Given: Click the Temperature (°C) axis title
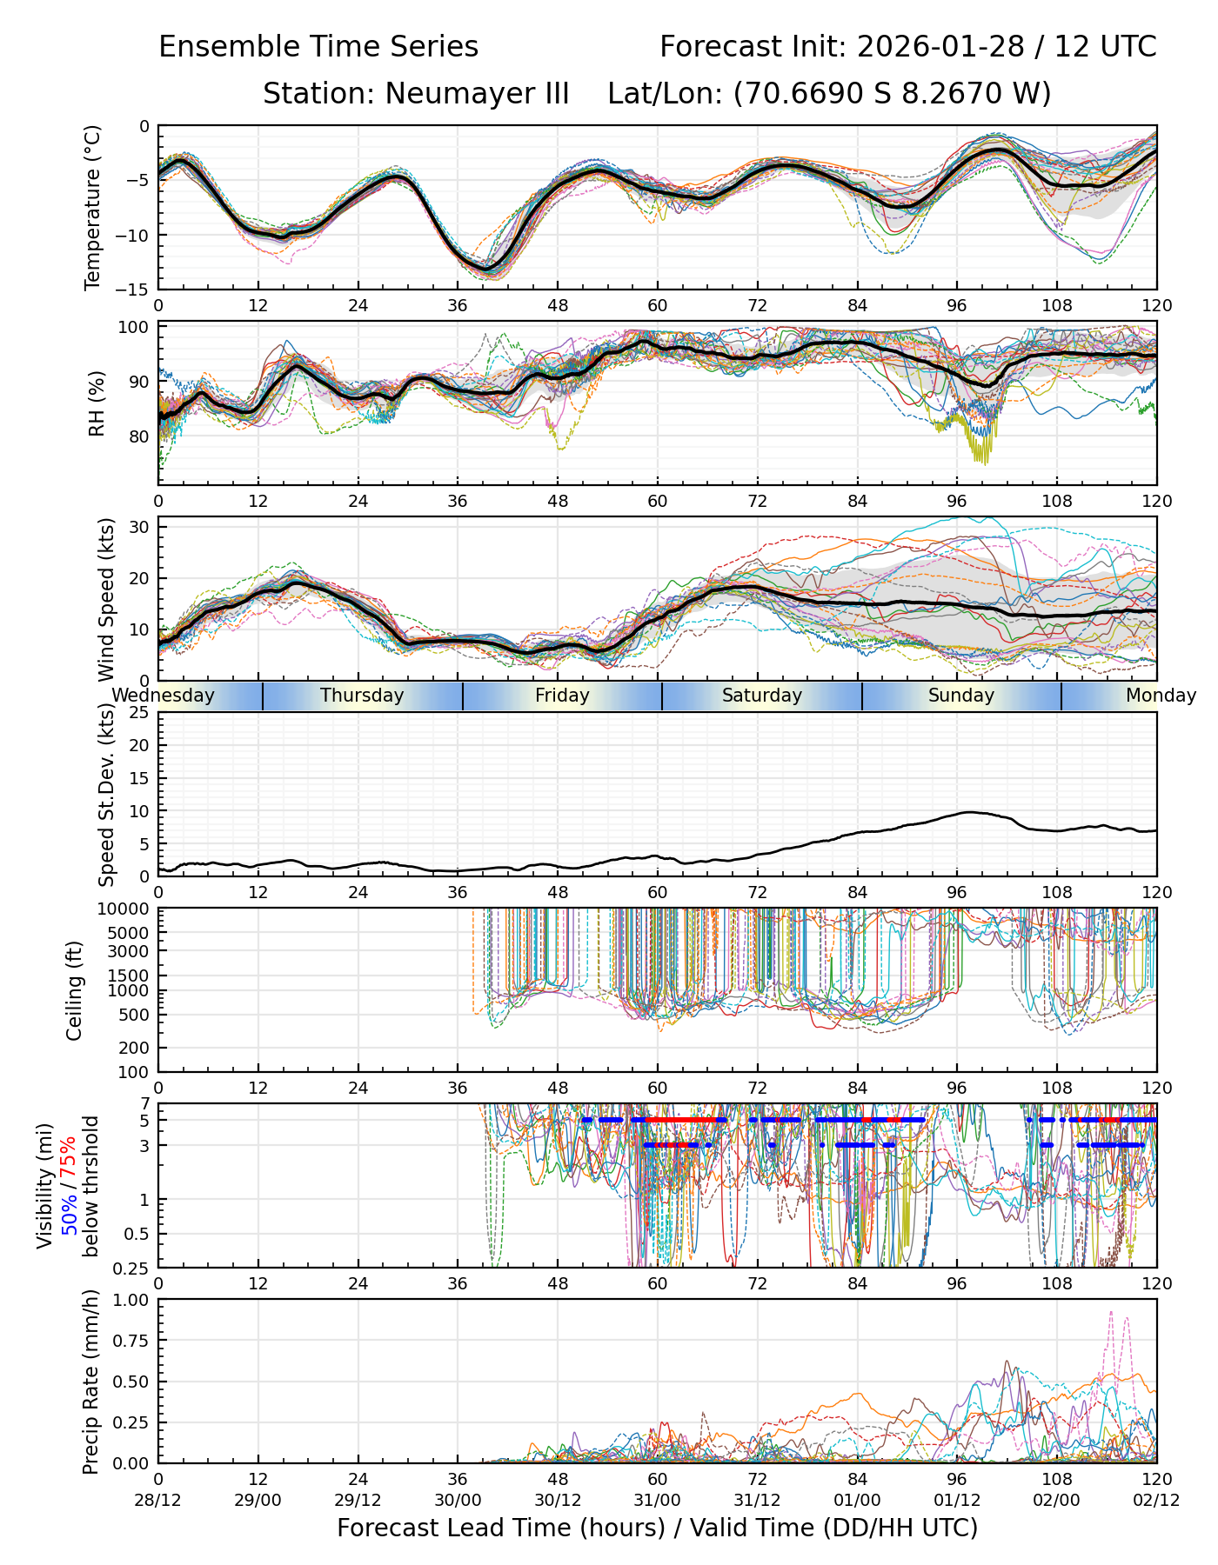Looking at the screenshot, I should click(x=92, y=207).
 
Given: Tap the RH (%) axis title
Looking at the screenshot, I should click(x=96, y=403).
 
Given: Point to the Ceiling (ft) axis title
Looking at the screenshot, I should click(x=75, y=989).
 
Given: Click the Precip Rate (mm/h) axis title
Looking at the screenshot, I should click(x=90, y=1381).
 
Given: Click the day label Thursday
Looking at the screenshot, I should click(x=362, y=696).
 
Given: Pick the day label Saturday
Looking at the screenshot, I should click(x=762, y=696).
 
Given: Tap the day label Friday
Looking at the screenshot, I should click(x=562, y=696).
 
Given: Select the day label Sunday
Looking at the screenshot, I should click(x=960, y=696).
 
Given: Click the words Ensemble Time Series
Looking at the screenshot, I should click(x=318, y=47).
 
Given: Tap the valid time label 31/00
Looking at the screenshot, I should click(x=658, y=1500).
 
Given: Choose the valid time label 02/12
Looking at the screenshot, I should click(x=1156, y=1500).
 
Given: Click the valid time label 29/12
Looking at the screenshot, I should click(x=358, y=1500).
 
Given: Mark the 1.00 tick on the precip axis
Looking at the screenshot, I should click(x=131, y=1300).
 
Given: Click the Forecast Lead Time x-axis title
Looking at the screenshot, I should click(x=658, y=1528).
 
